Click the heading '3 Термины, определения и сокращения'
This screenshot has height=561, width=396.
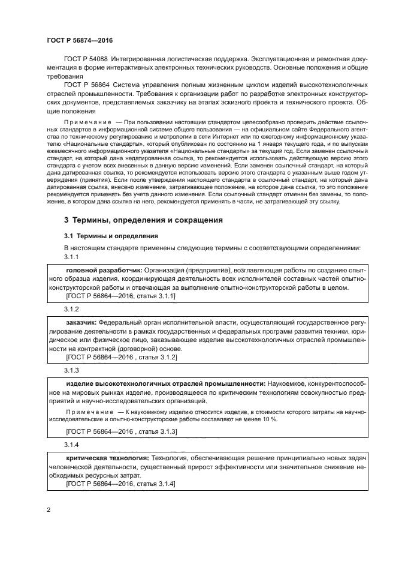click(143, 220)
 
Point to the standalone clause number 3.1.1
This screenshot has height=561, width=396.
click(72, 257)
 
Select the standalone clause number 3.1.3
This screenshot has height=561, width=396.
click(72, 370)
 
